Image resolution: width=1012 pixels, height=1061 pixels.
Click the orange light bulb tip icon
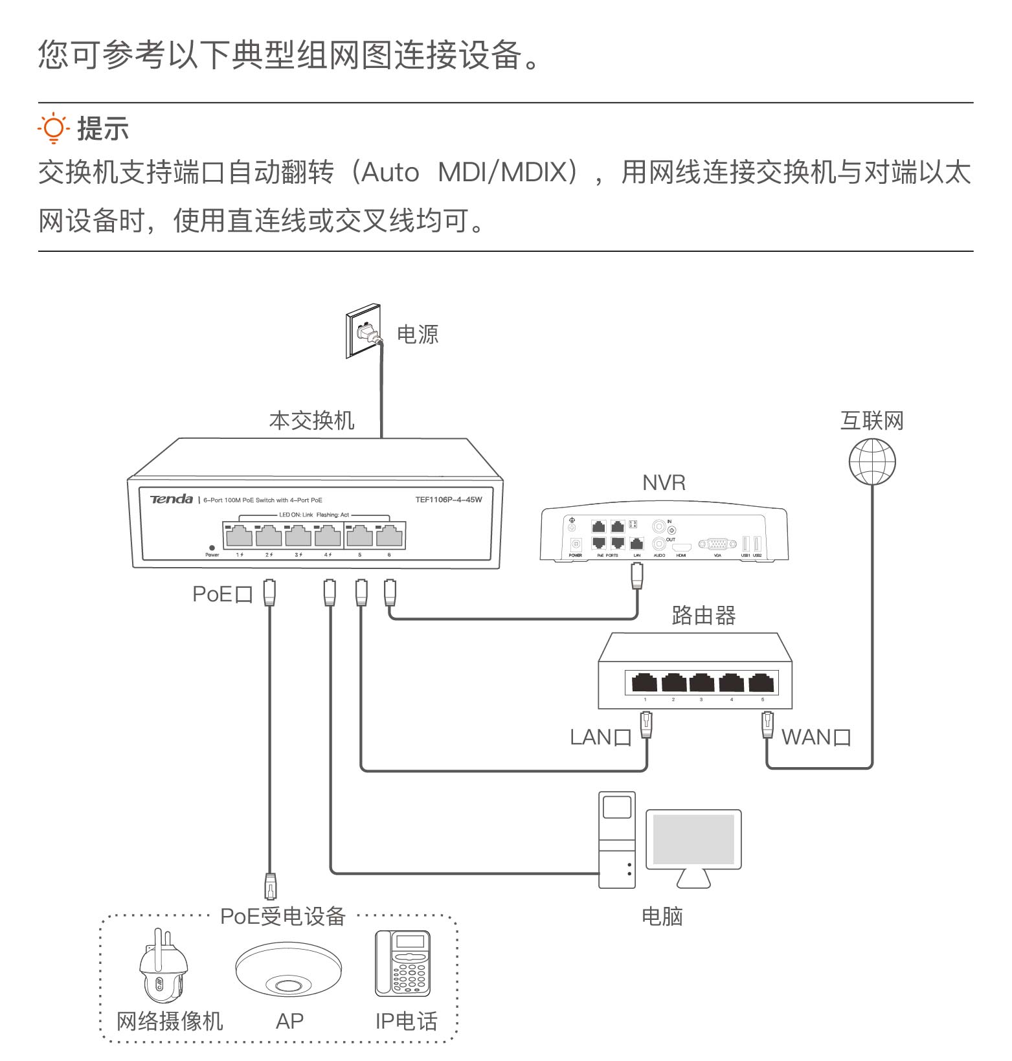pyautogui.click(x=53, y=128)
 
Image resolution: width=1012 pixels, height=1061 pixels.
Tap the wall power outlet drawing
pyautogui.click(x=363, y=331)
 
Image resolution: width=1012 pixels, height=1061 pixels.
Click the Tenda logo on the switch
pyautogui.click(x=172, y=499)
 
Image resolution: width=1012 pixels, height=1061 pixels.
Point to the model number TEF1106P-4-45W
pyautogui.click(x=448, y=500)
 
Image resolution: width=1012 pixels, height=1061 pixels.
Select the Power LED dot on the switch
pyautogui.click(x=212, y=548)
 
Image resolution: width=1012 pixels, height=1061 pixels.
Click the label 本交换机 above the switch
pyautogui.click(x=311, y=421)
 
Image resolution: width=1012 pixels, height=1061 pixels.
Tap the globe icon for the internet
pyautogui.click(x=872, y=462)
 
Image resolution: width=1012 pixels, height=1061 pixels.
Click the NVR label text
pyautogui.click(x=664, y=483)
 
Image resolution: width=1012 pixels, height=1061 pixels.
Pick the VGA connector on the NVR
pyautogui.click(x=717, y=544)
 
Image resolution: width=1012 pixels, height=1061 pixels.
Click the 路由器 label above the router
pyautogui.click(x=704, y=616)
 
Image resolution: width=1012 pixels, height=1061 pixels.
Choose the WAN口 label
pyautogui.click(x=816, y=737)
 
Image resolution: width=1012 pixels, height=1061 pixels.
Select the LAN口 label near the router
pyautogui.click(x=600, y=737)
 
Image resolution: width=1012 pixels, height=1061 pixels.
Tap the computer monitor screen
pyautogui.click(x=693, y=839)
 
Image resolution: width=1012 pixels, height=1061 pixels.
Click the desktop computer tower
pyautogui.click(x=616, y=840)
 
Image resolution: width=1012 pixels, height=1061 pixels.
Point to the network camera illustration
pyautogui.click(x=163, y=966)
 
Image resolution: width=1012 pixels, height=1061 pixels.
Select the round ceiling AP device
pyautogui.click(x=288, y=969)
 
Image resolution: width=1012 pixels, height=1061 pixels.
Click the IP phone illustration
pyautogui.click(x=403, y=963)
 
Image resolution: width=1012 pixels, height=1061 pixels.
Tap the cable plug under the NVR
pyautogui.click(x=637, y=575)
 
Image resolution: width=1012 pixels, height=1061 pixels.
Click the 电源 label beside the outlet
pyautogui.click(x=418, y=335)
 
